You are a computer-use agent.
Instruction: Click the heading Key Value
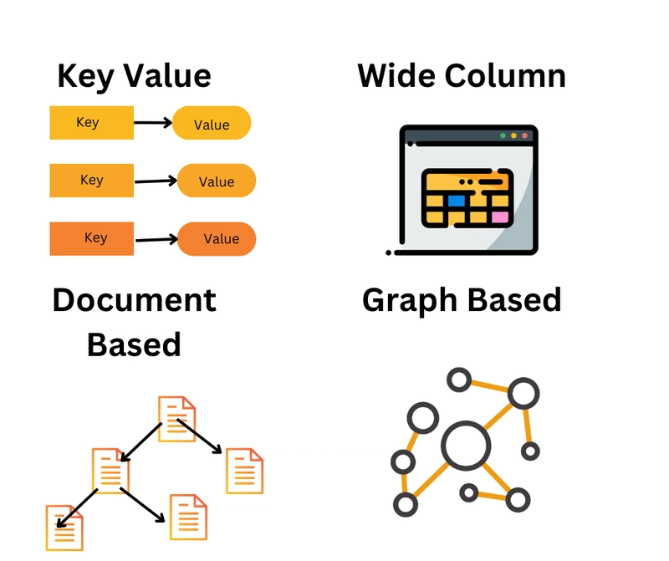134,76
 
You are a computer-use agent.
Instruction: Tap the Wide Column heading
462,75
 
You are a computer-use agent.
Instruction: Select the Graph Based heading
462,301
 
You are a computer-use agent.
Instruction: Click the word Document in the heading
135,300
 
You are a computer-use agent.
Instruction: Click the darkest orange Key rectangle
92,238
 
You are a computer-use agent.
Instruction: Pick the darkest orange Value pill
217,239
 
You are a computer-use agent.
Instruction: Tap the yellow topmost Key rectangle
92,122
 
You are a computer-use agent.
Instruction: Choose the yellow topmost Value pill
212,123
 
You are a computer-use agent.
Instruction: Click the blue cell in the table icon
456,201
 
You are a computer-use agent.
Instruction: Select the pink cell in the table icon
500,217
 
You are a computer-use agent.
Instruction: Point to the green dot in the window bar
503,135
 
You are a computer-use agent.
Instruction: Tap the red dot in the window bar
525,135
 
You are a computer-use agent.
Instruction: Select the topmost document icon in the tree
176,419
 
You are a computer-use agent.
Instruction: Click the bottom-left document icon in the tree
64,528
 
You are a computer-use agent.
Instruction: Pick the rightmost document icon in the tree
244,471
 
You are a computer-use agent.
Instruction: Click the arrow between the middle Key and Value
156,181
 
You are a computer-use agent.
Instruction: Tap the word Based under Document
134,344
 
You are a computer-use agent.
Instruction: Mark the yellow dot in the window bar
513,135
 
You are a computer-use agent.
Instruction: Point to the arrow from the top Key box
153,123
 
